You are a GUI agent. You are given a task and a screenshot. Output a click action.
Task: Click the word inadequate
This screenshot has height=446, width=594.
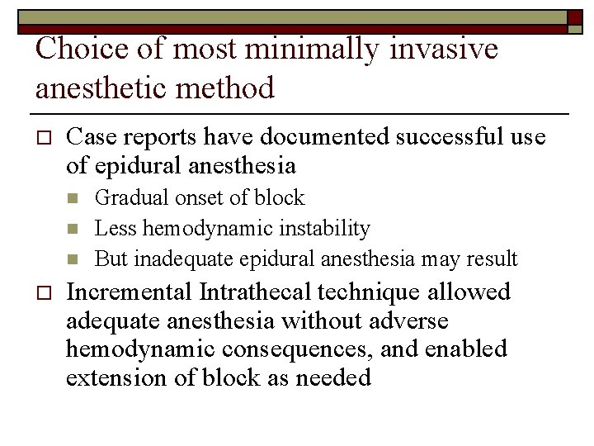click(184, 259)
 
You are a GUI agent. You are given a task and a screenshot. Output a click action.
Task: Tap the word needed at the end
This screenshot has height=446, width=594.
click(337, 378)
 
